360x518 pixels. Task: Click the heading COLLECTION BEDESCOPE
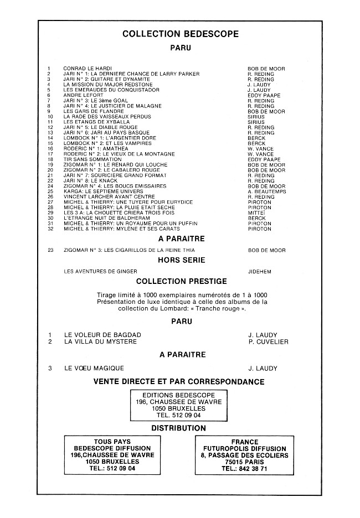click(180, 34)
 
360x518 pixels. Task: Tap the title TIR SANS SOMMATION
click(92, 159)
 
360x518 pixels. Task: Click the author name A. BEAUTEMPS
click(266, 191)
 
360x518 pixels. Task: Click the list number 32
click(50, 229)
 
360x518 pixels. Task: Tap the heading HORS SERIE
click(181, 260)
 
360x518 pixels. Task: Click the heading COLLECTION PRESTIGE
click(181, 281)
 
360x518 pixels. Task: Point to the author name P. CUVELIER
click(269, 342)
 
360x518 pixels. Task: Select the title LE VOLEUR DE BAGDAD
click(102, 335)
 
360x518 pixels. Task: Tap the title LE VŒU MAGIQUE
click(94, 368)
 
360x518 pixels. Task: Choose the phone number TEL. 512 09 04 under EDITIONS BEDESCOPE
click(179, 415)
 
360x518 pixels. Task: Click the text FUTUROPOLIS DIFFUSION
click(245, 449)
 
